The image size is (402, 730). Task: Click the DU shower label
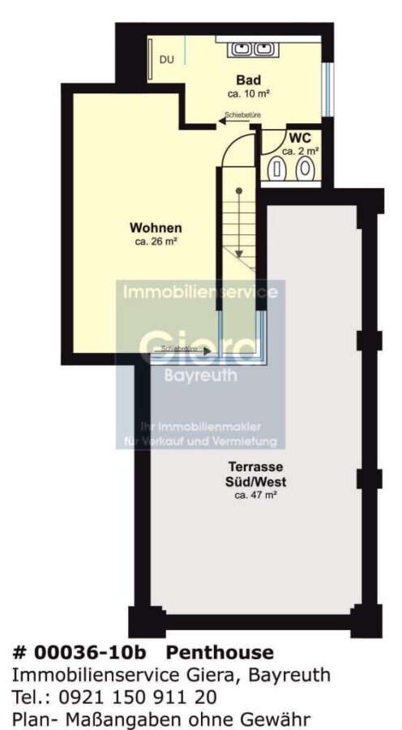pos(167,60)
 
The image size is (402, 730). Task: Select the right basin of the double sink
pos(263,49)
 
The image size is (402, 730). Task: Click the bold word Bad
pos(248,79)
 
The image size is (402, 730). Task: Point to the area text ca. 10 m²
pos(249,93)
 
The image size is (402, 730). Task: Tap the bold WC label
pos(300,138)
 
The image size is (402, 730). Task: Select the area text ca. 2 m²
pos(301,151)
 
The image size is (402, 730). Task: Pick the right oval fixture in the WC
pos(306,168)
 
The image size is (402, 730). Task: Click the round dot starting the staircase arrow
pos(238,191)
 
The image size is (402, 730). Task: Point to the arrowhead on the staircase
pos(238,253)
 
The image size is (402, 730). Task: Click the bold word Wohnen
pos(156,228)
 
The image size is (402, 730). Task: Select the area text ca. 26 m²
pos(156,242)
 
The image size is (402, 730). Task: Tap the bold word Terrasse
pos(256,466)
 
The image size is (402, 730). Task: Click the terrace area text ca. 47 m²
pos(256,496)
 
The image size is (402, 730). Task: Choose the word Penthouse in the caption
pos(220,653)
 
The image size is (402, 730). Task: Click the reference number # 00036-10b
pos(79,653)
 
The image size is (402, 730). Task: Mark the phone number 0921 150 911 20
pos(138,697)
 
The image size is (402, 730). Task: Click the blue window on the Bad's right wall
pos(328,89)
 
